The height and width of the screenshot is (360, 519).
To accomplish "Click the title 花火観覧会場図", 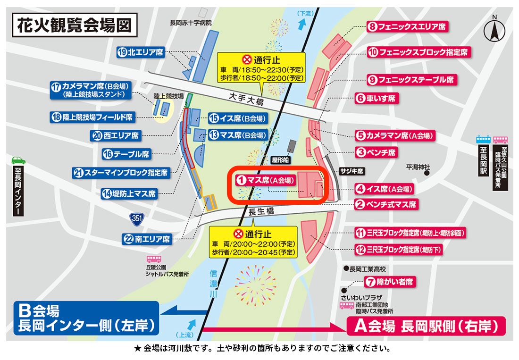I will [75, 26].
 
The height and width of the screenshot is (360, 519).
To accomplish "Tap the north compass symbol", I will [494, 29].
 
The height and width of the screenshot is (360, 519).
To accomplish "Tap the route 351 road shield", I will [136, 218].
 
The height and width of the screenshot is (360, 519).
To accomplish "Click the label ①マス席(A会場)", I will [266, 180].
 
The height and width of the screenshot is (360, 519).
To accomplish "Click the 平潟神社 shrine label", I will [415, 167].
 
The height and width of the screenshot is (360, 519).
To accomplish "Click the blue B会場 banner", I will [86, 318].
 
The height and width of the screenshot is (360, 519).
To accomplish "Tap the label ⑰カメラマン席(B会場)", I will [92, 90].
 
